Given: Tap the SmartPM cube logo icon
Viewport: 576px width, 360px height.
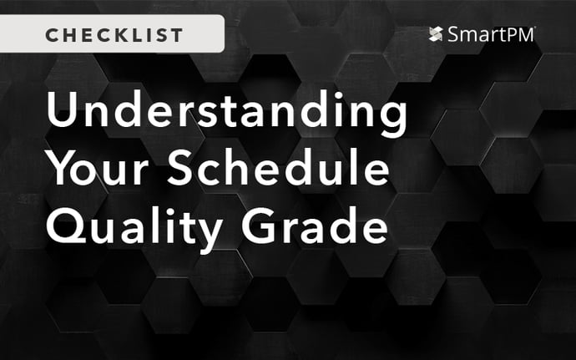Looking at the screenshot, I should [435, 34].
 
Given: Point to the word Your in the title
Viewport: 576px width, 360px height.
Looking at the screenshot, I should [99, 170].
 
